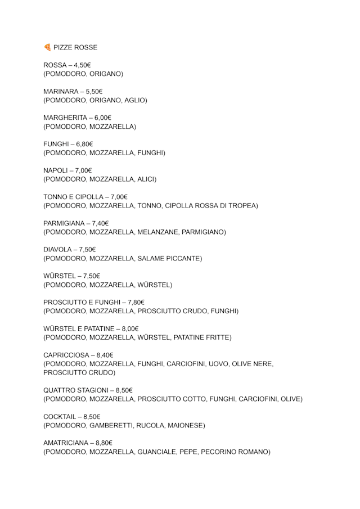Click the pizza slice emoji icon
[47, 47]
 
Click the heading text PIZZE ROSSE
[75, 47]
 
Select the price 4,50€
[82, 65]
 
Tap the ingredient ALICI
[146, 179]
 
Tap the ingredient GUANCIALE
[158, 452]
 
